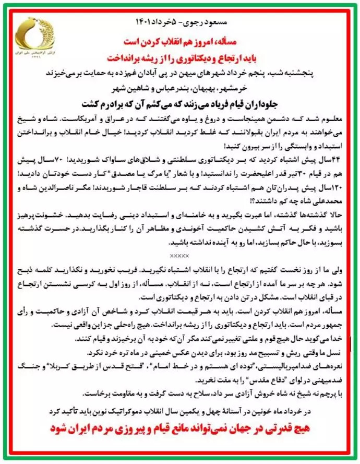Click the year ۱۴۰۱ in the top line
tap(149, 27)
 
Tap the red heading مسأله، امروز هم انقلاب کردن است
tap(181, 41)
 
